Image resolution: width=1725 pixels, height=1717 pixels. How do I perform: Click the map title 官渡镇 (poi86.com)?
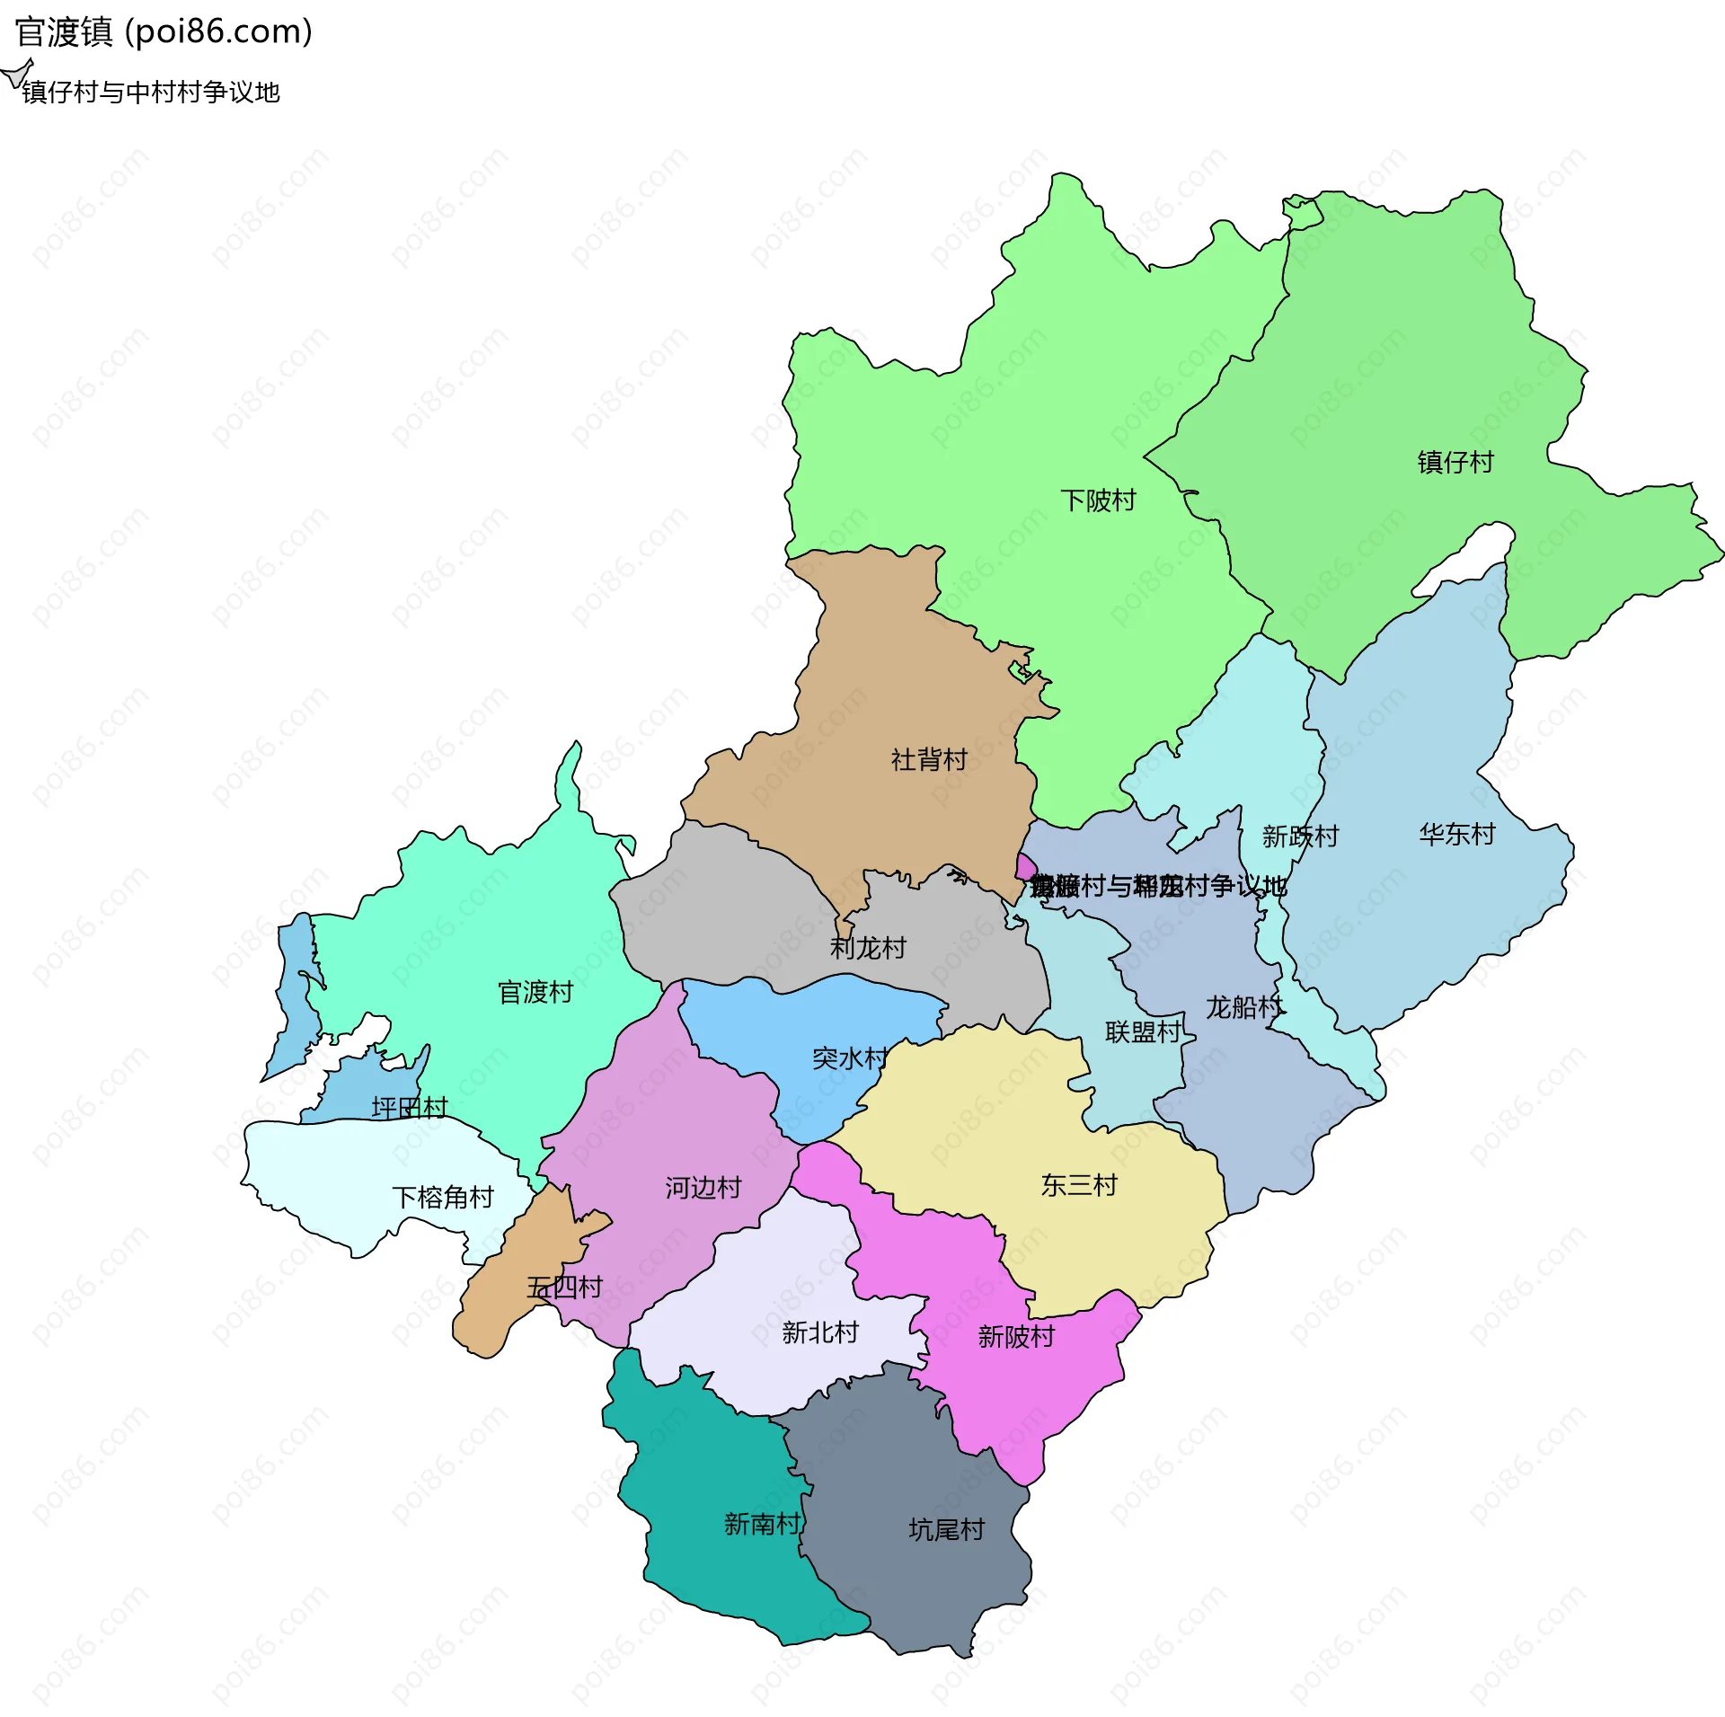click(164, 32)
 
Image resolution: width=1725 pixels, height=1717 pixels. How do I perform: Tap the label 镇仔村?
click(1455, 462)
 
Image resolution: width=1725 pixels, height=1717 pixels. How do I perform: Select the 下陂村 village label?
click(1098, 500)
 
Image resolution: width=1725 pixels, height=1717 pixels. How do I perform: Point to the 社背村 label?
click(929, 759)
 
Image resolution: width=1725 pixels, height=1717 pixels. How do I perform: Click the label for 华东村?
click(1457, 834)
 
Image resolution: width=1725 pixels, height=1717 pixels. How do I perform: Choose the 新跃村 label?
click(1300, 836)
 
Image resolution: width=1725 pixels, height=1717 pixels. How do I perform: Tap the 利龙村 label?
click(868, 947)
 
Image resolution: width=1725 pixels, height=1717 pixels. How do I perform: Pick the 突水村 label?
click(850, 1058)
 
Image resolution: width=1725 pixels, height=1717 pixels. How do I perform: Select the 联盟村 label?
click(1143, 1031)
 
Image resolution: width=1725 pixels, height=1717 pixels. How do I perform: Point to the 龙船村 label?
click(1244, 1006)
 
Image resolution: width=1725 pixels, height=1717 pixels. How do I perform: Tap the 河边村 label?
click(703, 1187)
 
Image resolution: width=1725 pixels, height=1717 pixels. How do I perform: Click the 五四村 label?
click(564, 1287)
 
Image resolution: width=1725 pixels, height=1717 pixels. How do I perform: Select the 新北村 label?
click(820, 1332)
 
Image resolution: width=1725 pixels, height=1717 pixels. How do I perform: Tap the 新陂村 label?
click(1016, 1336)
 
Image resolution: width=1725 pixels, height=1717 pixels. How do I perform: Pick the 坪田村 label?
click(410, 1107)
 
